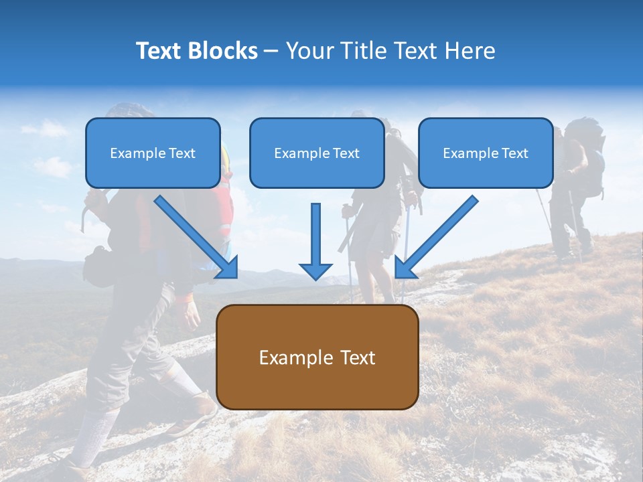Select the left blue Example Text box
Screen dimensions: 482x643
153,153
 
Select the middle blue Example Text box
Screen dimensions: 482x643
317,153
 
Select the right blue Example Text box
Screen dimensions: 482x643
486,153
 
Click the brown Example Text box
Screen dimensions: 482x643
317,357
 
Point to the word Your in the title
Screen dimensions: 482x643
309,51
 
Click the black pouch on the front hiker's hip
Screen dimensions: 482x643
98,266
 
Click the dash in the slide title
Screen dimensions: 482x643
271,52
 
